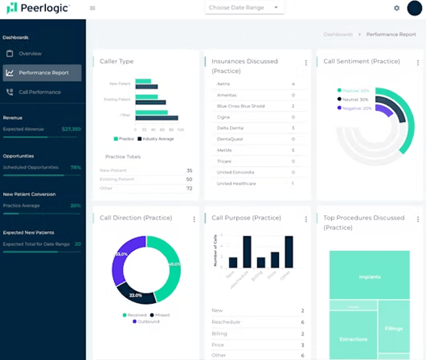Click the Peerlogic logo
tap(38, 8)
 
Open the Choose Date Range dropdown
tap(244, 8)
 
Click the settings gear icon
tap(396, 8)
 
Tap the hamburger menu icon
tap(93, 8)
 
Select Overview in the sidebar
tap(30, 53)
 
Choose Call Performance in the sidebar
tap(39, 92)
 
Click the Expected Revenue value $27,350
tap(71, 129)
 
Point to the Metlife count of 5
tap(293, 150)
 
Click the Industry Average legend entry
tap(157, 139)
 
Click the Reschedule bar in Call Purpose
tap(247, 252)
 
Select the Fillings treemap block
tap(394, 328)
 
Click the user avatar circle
tap(415, 9)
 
